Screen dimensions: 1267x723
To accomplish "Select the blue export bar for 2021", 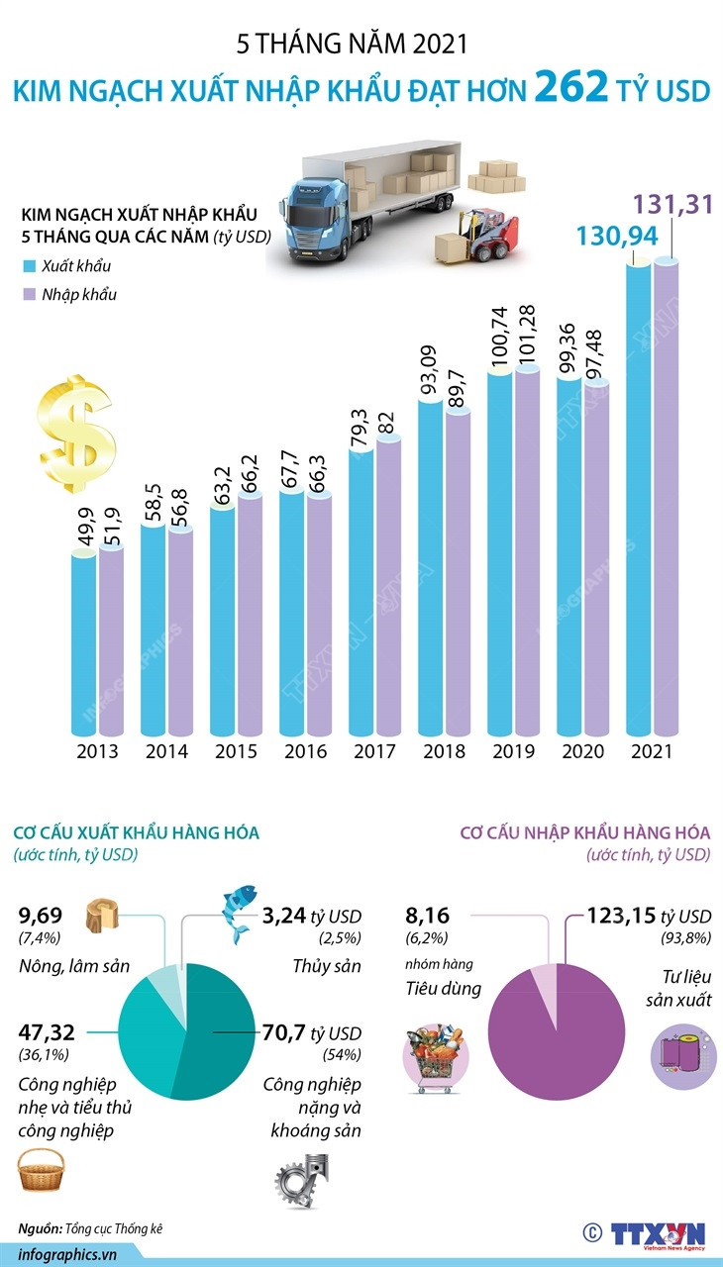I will pyautogui.click(x=639, y=495).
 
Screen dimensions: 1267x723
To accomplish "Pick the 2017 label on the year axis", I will pyautogui.click(x=374, y=751).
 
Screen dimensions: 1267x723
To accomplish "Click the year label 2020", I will pyautogui.click(x=582, y=751).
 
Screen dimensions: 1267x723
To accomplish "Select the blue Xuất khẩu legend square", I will pyautogui.click(x=29, y=266).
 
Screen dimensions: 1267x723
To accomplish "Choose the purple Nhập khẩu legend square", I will pyautogui.click(x=29, y=294).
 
